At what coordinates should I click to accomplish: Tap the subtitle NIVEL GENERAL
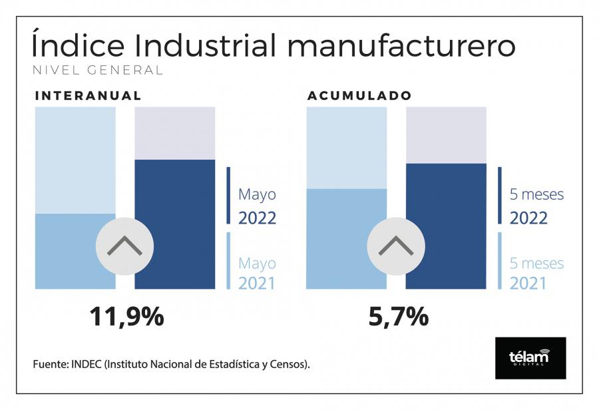pyautogui.click(x=97, y=71)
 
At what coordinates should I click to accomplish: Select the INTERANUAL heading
pyautogui.click(x=88, y=96)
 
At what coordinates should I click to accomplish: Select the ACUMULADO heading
pyautogui.click(x=359, y=96)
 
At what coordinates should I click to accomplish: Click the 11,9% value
pyautogui.click(x=126, y=317)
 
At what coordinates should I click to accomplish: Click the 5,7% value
pyautogui.click(x=398, y=317)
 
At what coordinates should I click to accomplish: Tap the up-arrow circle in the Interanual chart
pyautogui.click(x=124, y=246)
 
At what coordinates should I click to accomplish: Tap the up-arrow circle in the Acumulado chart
pyautogui.click(x=396, y=246)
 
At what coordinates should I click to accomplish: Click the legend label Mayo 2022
pyautogui.click(x=257, y=206)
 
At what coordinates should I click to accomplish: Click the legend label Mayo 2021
pyautogui.click(x=257, y=273)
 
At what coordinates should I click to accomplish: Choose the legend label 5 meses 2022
pyautogui.click(x=536, y=206)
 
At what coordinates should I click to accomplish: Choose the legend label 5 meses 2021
pyautogui.click(x=536, y=273)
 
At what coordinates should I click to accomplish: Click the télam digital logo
pyautogui.click(x=530, y=357)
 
